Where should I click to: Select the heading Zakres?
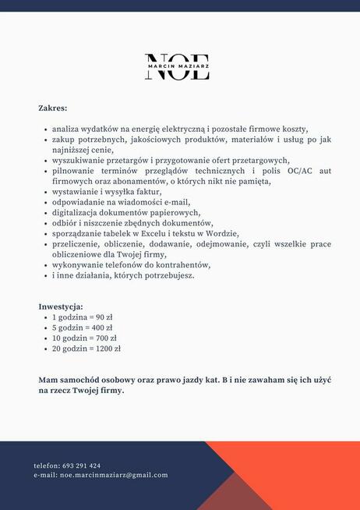[x=52, y=108]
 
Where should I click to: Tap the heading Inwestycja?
[x=60, y=306]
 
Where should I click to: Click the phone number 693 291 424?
[x=81, y=466]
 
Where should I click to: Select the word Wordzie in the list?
[x=221, y=233]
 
